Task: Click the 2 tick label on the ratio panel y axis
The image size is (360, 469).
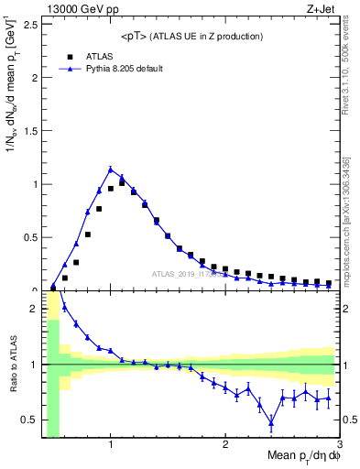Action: (x=34, y=309)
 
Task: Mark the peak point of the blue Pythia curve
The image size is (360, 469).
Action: (x=111, y=169)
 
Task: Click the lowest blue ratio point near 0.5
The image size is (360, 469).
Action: (x=271, y=422)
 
